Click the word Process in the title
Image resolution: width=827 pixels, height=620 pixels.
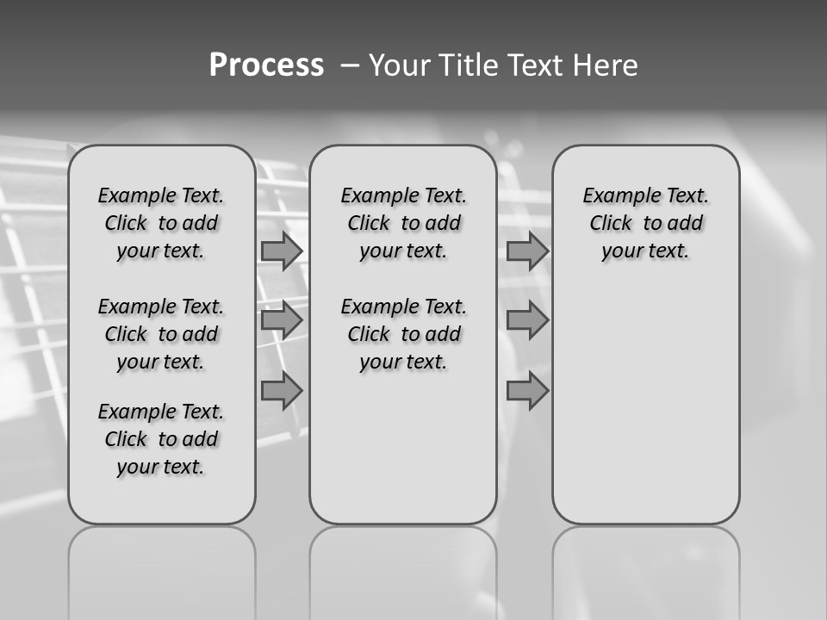[266, 65]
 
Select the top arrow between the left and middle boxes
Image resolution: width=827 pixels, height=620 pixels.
[282, 251]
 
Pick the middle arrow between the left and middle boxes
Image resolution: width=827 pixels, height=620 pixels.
[282, 321]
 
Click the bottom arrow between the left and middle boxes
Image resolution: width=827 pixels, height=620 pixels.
[282, 391]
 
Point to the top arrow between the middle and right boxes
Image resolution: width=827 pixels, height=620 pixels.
[527, 251]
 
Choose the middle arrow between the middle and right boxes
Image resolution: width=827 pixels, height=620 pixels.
[527, 321]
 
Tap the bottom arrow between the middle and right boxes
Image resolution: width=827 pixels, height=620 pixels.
[527, 391]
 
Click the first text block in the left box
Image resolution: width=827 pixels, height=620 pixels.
[161, 223]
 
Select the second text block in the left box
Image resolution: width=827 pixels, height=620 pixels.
[161, 334]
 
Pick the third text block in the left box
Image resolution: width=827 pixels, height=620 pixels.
[161, 439]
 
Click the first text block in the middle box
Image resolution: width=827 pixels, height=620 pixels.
[403, 223]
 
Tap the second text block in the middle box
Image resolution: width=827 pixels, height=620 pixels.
[403, 334]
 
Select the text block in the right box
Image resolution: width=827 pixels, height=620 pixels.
[646, 223]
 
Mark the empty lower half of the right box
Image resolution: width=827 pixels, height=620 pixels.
[646, 413]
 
